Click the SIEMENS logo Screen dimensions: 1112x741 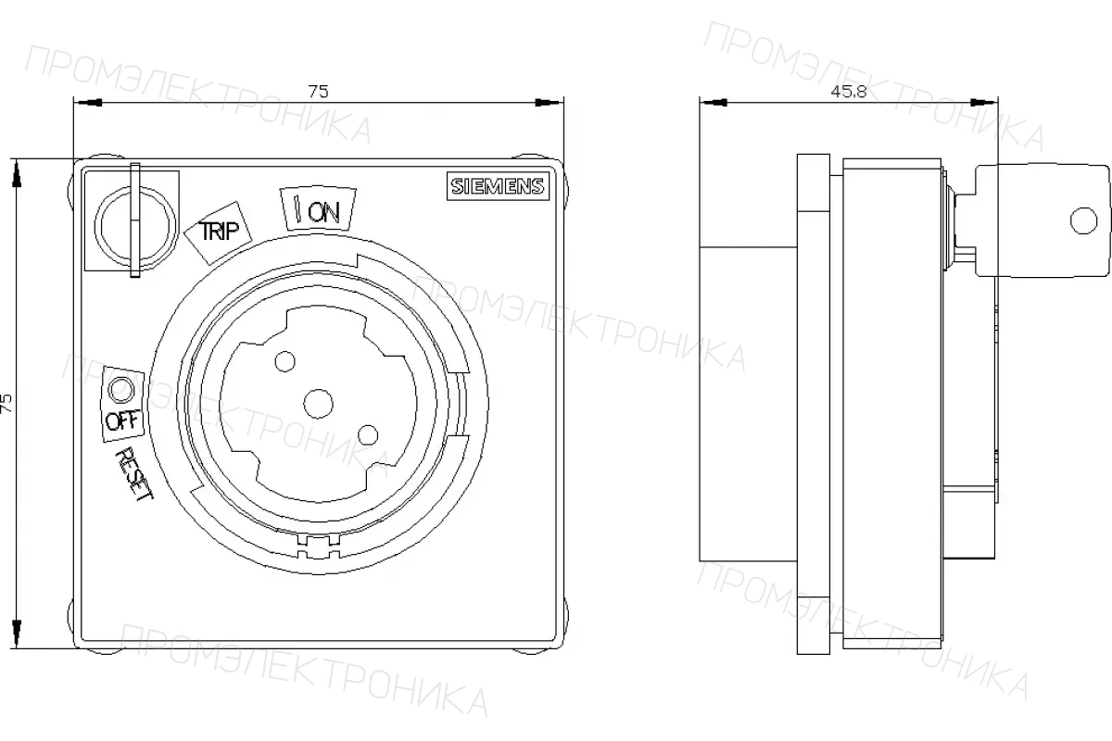498,186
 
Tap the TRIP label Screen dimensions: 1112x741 219,231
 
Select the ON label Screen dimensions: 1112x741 323,212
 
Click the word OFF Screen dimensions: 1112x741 123,421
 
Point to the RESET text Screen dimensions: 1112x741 134,473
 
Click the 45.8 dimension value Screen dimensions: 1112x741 849,92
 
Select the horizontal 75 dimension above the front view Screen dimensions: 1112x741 318,92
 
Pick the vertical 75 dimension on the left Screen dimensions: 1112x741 6,404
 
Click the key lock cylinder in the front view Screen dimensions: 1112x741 135,226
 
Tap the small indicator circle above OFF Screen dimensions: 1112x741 121,390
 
